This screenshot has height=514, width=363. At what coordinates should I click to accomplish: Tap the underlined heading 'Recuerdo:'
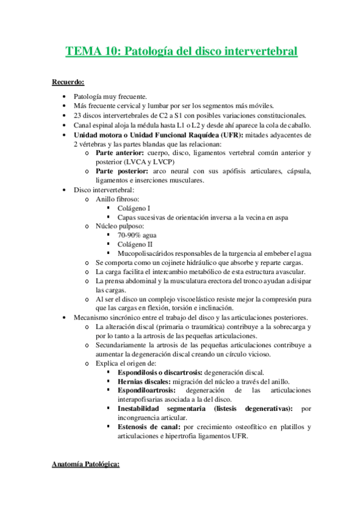pos(68,82)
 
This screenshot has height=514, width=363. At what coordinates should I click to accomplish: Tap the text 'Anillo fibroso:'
pos(118,199)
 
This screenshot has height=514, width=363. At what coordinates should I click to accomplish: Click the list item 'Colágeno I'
pos(134,208)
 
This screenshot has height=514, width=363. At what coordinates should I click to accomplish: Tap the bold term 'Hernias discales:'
pos(144,381)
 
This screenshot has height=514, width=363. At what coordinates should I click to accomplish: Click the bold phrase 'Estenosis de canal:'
pos(149,427)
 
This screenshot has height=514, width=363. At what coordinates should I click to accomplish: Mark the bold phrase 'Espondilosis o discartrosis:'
pos(161,372)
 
